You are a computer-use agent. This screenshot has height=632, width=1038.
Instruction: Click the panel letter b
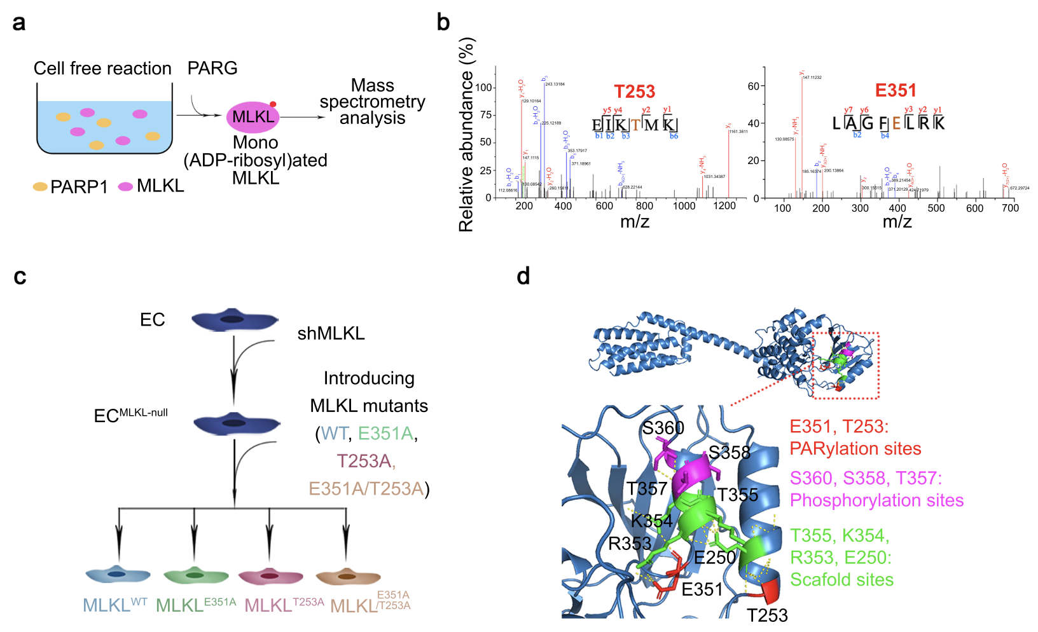coord(443,22)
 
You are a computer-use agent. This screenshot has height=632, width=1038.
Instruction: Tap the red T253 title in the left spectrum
coord(634,92)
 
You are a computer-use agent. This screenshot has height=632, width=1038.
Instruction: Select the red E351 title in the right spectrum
coord(896,91)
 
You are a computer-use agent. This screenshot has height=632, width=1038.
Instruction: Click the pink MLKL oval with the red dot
coord(253,117)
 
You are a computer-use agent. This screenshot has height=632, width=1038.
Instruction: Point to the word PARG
coord(212,68)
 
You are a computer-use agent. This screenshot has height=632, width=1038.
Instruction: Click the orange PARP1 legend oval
coord(40,187)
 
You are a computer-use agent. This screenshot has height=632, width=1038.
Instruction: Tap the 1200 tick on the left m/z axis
coord(724,206)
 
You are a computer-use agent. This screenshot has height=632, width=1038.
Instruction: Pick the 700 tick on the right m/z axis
coord(1010,208)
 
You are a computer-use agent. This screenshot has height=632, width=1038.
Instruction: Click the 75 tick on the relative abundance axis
coord(485,114)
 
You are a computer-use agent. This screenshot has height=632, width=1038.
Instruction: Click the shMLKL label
coord(331,334)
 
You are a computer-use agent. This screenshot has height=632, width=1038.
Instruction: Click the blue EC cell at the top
coord(235,320)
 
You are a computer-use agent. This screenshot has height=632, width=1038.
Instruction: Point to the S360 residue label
coord(663,428)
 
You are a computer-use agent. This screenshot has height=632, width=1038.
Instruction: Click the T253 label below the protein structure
coord(767,615)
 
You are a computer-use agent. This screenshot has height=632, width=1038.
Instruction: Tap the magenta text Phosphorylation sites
coord(876,500)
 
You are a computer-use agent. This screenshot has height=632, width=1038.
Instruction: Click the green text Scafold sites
coord(841,580)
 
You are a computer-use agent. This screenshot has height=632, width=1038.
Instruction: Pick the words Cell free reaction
coord(102,69)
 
